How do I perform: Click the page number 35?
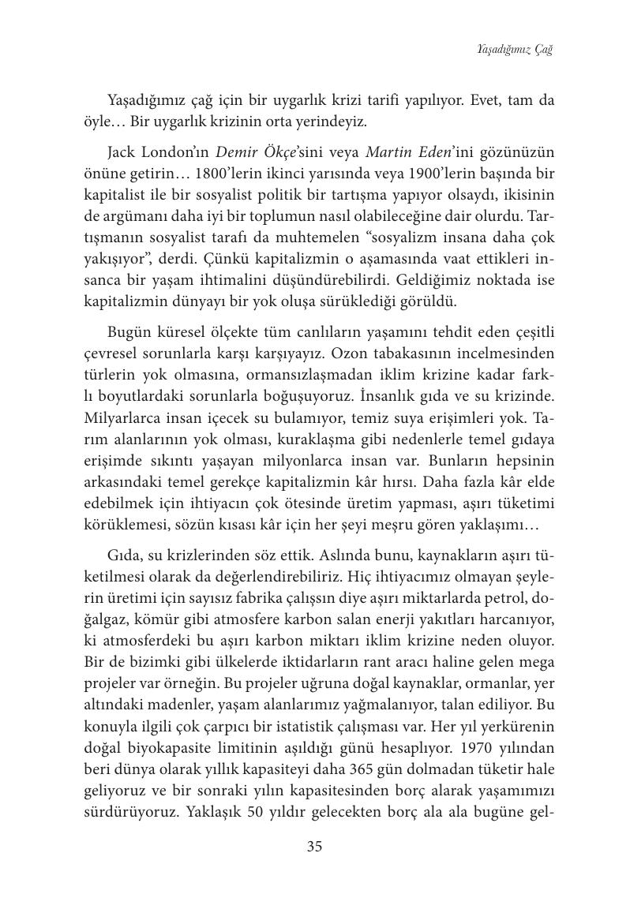(x=314, y=847)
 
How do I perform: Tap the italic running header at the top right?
(x=514, y=50)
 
